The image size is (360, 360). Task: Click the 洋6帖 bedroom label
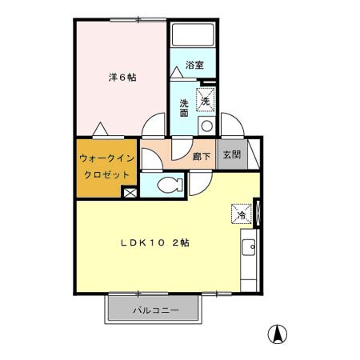122,78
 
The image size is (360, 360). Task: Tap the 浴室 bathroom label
194,66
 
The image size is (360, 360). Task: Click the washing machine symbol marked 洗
206,101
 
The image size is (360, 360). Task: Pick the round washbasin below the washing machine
206,126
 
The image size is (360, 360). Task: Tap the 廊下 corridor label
202,156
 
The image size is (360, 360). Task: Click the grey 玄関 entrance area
231,155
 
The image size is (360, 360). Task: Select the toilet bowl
167,186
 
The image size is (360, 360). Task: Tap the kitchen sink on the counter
248,247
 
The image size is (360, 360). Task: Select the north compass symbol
274,334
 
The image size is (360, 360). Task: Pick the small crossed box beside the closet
129,192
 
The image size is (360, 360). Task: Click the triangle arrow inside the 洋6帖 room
100,127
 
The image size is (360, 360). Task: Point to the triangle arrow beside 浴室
175,71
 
